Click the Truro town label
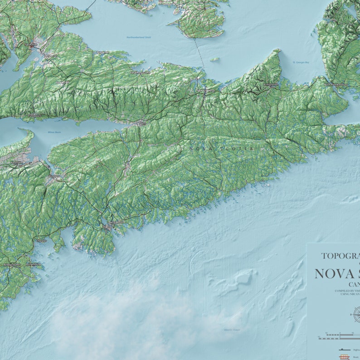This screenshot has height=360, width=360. (141, 122)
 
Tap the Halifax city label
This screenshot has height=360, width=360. (107, 227)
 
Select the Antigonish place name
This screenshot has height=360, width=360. (271, 84)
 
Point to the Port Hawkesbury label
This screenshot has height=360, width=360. (336, 84)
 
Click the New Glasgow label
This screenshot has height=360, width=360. (205, 91)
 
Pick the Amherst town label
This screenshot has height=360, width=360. (51, 56)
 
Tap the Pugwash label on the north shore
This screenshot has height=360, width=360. (102, 53)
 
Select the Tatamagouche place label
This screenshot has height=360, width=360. (140, 73)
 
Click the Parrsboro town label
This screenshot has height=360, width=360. (34, 116)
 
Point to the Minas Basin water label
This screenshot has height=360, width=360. (54, 132)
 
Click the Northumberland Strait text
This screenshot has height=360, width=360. (138, 37)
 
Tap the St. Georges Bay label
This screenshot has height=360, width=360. (301, 62)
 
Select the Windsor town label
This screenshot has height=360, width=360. (54, 176)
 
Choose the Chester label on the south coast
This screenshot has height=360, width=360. (41, 241)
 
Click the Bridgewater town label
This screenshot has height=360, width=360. (12, 264)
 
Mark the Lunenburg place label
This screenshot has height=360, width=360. (33, 264)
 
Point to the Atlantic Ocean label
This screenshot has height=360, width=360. (232, 330)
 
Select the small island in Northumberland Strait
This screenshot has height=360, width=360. (214, 59)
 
